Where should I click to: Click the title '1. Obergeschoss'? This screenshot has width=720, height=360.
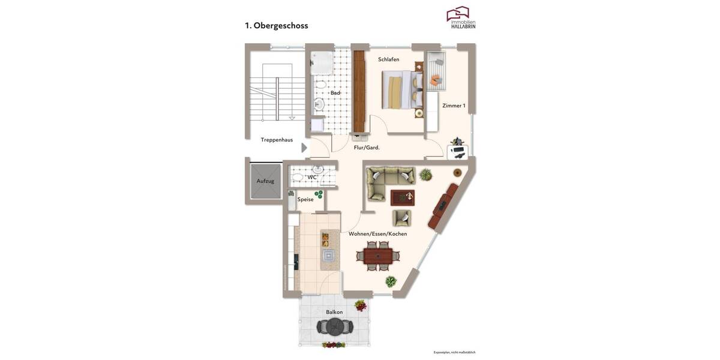[x=277, y=26]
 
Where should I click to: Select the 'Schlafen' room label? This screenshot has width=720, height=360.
[x=388, y=59]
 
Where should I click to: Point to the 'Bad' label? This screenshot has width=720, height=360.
[x=335, y=93]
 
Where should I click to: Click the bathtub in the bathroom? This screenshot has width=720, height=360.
[x=322, y=62]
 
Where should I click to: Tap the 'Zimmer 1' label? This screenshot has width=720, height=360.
[x=454, y=106]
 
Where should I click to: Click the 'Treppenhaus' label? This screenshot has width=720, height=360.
[x=277, y=140]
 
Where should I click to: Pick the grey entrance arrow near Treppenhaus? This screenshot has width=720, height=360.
[x=304, y=148]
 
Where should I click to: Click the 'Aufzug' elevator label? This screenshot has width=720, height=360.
[x=265, y=181]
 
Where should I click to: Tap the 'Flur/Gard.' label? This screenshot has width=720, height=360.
[x=366, y=147]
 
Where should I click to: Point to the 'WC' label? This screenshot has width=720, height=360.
[x=312, y=177]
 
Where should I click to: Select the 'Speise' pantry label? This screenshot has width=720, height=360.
[x=305, y=199]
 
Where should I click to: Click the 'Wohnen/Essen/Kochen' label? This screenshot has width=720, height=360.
[x=377, y=233]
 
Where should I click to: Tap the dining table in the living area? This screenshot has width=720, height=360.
[x=378, y=255]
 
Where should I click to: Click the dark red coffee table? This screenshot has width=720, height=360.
[x=402, y=197]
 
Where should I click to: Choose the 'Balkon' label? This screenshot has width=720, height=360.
[x=334, y=312]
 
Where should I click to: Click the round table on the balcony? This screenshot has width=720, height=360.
[x=335, y=327]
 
